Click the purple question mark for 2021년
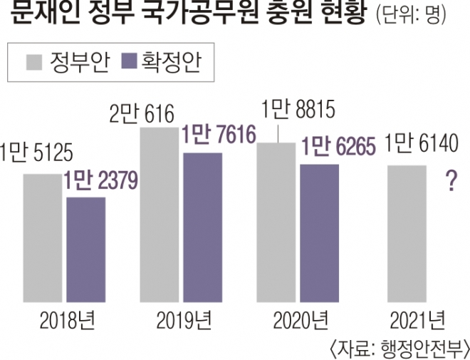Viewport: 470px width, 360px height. pyautogui.click(x=450, y=182)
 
